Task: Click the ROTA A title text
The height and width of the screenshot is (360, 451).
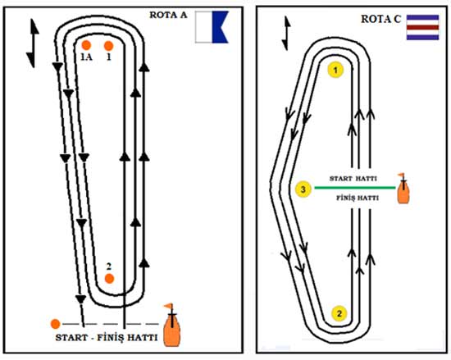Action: click(168, 15)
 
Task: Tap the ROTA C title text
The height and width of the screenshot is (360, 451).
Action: click(380, 19)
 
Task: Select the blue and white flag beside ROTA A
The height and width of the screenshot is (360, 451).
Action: click(212, 27)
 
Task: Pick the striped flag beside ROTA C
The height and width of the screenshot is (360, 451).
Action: click(422, 27)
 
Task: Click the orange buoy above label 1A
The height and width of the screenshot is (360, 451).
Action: click(86, 45)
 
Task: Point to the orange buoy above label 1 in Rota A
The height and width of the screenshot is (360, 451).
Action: click(108, 46)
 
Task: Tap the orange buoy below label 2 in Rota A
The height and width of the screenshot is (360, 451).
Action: click(109, 278)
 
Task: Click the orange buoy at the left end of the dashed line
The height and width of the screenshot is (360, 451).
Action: click(55, 324)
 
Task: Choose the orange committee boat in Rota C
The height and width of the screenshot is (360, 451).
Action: click(403, 189)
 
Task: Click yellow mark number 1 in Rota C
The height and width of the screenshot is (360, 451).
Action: click(335, 70)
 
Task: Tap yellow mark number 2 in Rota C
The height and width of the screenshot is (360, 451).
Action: click(339, 313)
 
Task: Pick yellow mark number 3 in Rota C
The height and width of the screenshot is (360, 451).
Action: click(303, 189)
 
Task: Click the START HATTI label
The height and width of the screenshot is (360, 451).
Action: click(353, 179)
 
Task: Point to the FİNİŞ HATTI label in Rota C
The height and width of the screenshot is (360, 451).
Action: click(358, 198)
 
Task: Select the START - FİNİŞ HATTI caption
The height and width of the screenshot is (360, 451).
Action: click(107, 337)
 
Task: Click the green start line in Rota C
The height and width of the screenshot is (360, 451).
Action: click(355, 188)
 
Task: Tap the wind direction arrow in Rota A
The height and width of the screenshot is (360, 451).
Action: click(34, 43)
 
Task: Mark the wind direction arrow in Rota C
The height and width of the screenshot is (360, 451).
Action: click(286, 33)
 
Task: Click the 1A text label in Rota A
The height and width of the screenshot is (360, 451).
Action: click(86, 57)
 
